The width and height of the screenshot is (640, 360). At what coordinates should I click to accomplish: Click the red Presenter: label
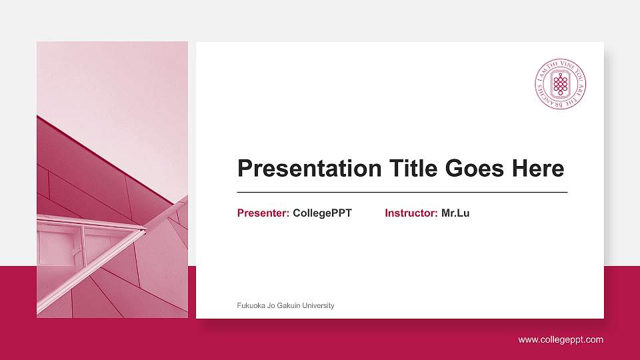tap(263, 213)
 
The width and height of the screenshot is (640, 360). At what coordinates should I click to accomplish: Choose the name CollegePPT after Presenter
tap(322, 213)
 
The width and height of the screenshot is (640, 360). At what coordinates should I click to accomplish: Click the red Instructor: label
tap(411, 213)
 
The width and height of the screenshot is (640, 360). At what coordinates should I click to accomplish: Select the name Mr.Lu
tap(455, 213)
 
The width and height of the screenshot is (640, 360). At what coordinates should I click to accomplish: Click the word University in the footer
tap(317, 305)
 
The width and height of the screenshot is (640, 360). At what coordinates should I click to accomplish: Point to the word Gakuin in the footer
tap(287, 305)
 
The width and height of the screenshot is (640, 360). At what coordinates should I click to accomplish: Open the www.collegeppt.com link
tap(561, 340)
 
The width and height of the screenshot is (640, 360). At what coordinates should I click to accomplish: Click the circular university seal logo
tap(561, 84)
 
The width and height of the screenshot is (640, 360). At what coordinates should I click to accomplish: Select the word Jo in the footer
tap(271, 305)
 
